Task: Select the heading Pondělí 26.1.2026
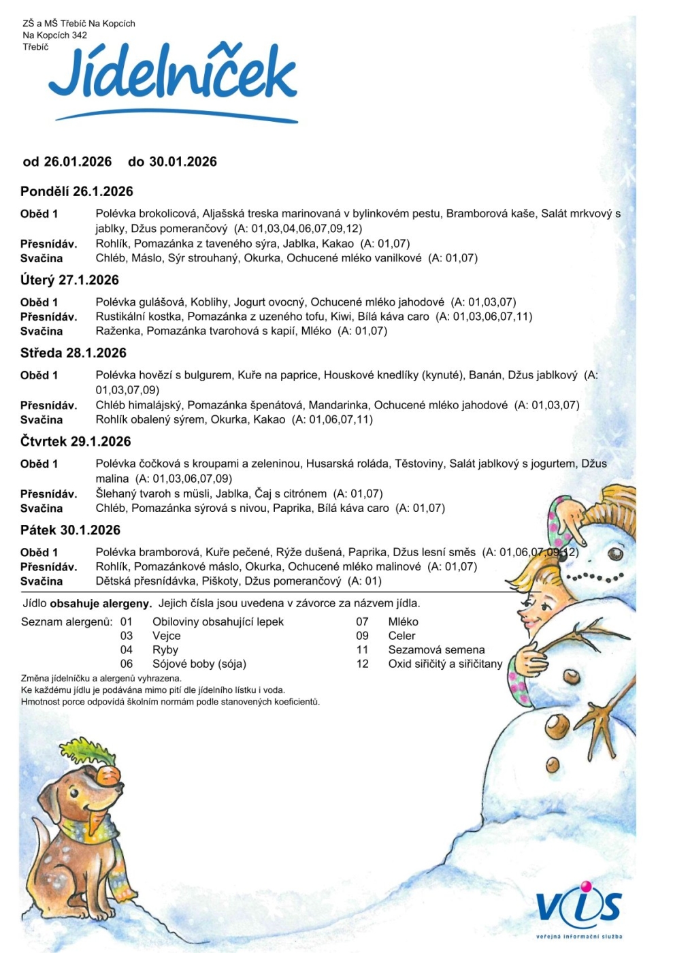point(76,191)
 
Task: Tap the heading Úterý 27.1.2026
point(69,280)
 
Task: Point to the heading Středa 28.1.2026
point(73,353)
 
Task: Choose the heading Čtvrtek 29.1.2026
point(76,441)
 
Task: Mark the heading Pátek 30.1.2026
point(70,530)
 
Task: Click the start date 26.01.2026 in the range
point(78,161)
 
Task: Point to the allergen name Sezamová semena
point(436,649)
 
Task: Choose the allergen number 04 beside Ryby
point(127,649)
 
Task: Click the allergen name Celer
point(401,635)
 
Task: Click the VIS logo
point(578,907)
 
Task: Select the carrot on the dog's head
point(108,775)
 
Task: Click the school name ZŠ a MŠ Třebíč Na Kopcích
point(79,23)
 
